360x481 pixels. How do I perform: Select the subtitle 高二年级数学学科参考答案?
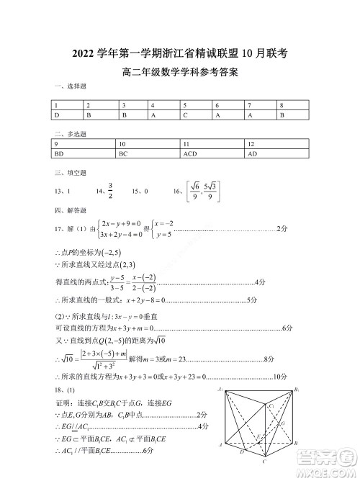(180, 72)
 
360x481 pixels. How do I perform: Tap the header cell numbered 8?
(282, 105)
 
